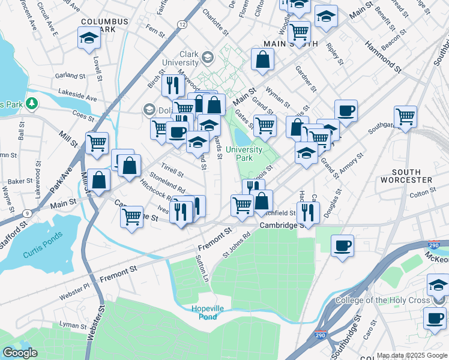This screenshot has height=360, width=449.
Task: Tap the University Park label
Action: click(x=244, y=154)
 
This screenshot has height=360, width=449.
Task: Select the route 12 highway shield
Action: click(x=181, y=23)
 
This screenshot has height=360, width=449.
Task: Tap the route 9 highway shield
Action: click(x=28, y=213)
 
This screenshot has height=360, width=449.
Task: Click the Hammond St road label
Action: click(x=382, y=59)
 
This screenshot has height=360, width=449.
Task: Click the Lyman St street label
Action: click(x=73, y=325)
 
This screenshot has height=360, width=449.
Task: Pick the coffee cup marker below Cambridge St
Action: click(x=342, y=245)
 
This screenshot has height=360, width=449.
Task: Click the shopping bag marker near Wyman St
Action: click(x=262, y=59)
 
